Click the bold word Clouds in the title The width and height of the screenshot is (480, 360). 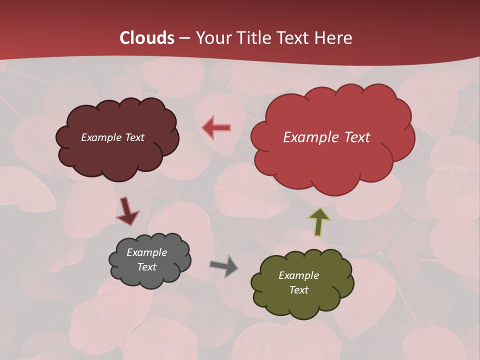point(146,38)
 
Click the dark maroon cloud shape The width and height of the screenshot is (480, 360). point(117,160)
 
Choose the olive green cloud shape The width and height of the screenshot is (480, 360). point(302,305)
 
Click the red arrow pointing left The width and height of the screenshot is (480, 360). point(216,128)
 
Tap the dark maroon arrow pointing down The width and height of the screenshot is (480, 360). point(126,211)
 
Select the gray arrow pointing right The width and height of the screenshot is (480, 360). point(224,266)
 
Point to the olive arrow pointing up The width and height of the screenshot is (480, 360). point(319,221)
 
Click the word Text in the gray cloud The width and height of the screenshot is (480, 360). point(147,267)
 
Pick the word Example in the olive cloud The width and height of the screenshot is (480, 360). point(298,275)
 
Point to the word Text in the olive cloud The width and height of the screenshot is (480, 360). point(299,290)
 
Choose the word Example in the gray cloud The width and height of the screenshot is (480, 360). point(147,252)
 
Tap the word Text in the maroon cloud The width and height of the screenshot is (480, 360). point(134,137)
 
